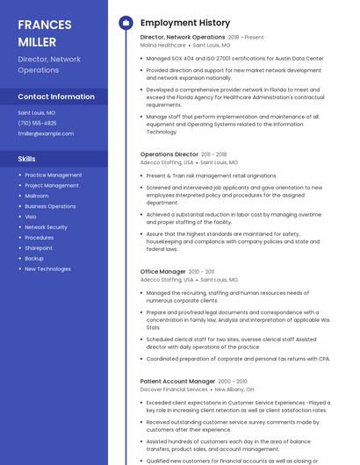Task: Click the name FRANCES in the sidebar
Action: coord(45,25)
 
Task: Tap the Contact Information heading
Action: coord(56,97)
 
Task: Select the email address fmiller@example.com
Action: coord(46,133)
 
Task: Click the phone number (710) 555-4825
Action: coord(37,123)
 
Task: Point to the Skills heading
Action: coord(27,159)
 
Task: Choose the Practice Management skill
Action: coord(54,175)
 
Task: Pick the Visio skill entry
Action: coord(31,217)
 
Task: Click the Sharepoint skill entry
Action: coord(39,248)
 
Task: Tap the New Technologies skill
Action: coord(47,269)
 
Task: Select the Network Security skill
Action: coord(46,227)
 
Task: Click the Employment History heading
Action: coord(185,23)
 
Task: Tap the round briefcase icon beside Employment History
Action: coord(125,23)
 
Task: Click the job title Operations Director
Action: coord(169,154)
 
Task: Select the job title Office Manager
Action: coord(163,272)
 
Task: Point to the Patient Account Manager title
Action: coord(177,382)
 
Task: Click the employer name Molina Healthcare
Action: coord(163,45)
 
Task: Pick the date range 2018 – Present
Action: coord(246,38)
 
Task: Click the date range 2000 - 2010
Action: coord(233,382)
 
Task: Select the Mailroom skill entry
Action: coord(37,196)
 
